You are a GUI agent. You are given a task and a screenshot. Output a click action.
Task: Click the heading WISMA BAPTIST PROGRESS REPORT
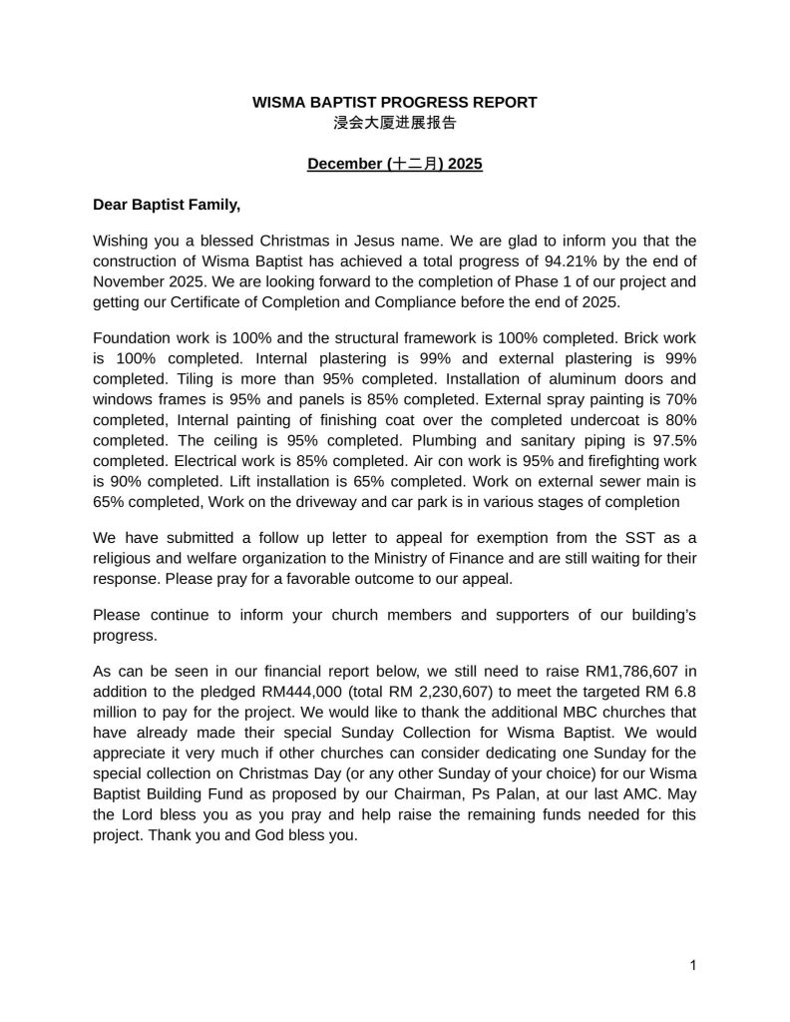tap(395, 102)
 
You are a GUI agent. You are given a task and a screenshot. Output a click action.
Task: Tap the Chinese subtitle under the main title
tap(395, 124)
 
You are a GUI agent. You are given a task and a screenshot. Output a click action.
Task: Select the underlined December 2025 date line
tap(395, 164)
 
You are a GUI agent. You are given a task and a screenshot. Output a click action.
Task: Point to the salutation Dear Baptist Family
tap(167, 205)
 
